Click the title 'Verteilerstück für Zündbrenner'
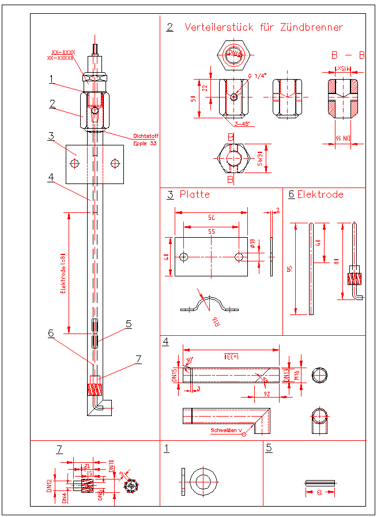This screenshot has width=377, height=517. pyautogui.click(x=263, y=27)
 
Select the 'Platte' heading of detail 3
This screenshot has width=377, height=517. pyautogui.click(x=195, y=194)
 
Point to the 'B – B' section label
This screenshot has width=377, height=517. pyautogui.click(x=348, y=55)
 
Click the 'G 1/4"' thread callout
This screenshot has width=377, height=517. pyautogui.click(x=257, y=77)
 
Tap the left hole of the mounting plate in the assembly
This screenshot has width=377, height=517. pyautogui.click(x=74, y=164)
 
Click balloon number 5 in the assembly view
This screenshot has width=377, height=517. pyautogui.click(x=129, y=324)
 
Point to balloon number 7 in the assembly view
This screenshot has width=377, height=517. pyautogui.click(x=138, y=359)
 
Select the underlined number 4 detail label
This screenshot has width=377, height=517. pyautogui.click(x=166, y=341)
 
